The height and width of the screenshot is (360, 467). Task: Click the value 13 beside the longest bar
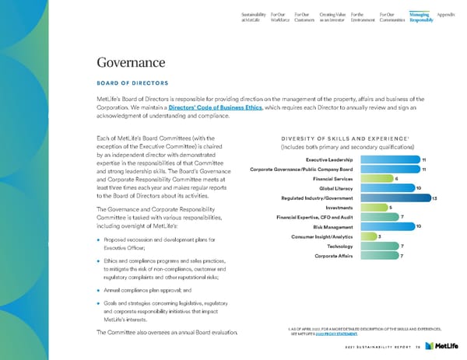tap(434, 198)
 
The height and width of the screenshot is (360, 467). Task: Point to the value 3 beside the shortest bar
tap(380, 236)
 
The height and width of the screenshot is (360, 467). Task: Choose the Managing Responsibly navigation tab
tap(421, 16)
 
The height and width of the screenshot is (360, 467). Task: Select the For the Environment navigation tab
tap(362, 16)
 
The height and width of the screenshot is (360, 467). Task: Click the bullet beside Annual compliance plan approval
tap(100, 288)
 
